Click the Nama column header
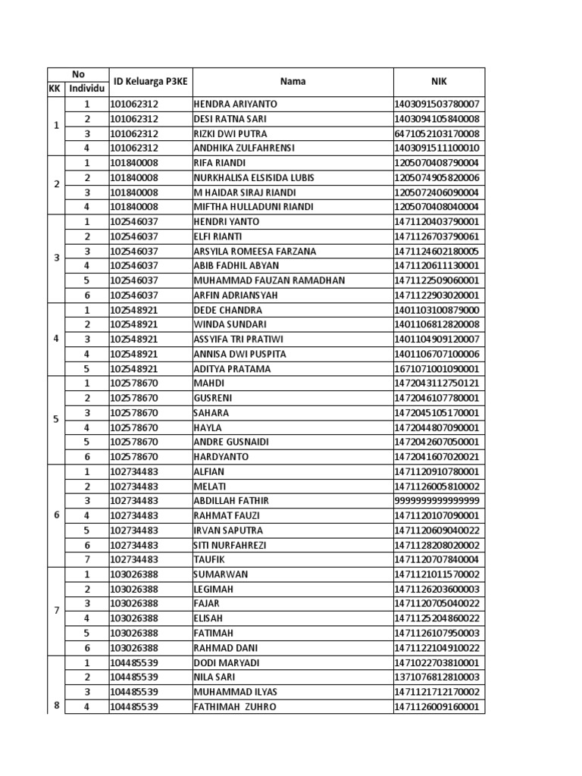pyautogui.click(x=293, y=81)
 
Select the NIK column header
pyautogui.click(x=439, y=81)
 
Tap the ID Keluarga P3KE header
pyautogui.click(x=149, y=81)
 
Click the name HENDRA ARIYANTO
pyautogui.click(x=236, y=104)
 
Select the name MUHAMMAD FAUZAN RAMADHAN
pyautogui.click(x=269, y=280)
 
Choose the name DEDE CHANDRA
pyautogui.click(x=228, y=310)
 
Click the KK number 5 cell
pyautogui.click(x=56, y=420)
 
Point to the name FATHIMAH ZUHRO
pyautogui.click(x=235, y=707)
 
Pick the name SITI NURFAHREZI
pyautogui.click(x=232, y=545)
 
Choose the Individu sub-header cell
pyautogui.click(x=86, y=89)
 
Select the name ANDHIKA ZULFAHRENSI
pyautogui.click(x=244, y=148)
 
